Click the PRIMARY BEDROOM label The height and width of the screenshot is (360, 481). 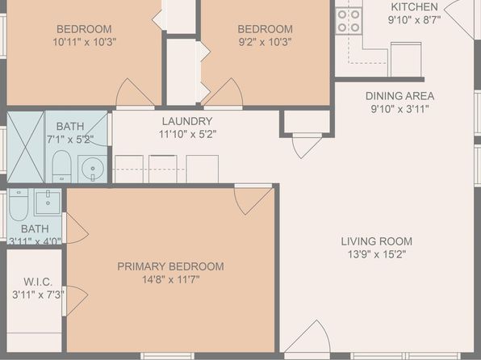point(170,266)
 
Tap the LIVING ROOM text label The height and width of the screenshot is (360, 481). point(377,241)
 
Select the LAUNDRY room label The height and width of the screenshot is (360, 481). point(187,121)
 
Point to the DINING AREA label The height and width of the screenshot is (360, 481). point(399,96)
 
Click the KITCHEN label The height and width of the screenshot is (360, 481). point(415,6)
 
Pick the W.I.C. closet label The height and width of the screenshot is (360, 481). point(38,282)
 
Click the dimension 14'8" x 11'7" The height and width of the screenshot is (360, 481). point(171,279)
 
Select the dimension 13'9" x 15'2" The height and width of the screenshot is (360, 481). point(377,254)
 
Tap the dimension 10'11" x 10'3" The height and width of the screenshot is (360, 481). point(85,42)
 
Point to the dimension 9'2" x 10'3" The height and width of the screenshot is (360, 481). point(265,42)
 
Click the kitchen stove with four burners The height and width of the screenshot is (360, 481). point(349,21)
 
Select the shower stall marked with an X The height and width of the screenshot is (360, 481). point(26,147)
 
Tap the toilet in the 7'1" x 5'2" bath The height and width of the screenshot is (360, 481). point(61,166)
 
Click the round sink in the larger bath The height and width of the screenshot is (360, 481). point(93,169)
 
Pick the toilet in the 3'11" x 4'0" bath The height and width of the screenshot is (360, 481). point(19,204)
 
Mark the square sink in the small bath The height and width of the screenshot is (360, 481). point(48,202)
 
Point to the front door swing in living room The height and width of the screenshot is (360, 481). point(307,337)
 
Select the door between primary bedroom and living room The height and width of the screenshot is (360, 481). point(253,199)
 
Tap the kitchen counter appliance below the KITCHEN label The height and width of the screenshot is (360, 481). point(406,59)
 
